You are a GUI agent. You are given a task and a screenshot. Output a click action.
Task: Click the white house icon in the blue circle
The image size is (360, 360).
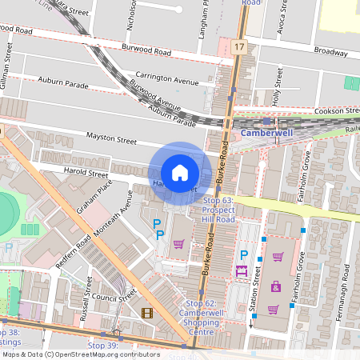(x=180, y=172)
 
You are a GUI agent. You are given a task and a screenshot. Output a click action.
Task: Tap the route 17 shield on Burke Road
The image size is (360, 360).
(x=240, y=48)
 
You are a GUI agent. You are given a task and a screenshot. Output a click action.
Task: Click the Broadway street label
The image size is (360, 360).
(x=330, y=50)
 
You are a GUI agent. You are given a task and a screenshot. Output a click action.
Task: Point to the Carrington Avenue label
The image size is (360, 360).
(x=166, y=82)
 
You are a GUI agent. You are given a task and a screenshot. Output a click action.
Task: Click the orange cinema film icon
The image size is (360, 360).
(x=146, y=313)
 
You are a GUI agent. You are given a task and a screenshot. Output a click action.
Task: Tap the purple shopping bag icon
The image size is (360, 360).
(x=276, y=286)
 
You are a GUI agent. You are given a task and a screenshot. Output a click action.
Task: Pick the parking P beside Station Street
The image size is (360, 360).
(x=244, y=256)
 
